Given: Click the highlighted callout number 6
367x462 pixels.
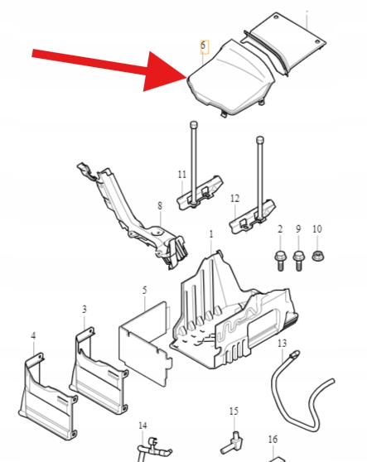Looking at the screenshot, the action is click(203, 46).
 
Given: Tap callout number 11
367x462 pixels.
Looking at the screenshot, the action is click(182, 175).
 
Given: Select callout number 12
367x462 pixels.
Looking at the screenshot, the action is click(235, 199).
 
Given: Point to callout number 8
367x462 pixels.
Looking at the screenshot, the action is click(160, 205).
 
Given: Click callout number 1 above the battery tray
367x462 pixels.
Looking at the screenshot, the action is click(211, 234).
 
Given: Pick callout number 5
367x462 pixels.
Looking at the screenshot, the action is click(144, 291).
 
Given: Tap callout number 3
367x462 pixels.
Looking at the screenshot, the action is click(85, 310).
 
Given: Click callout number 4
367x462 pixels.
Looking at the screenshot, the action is click(33, 335).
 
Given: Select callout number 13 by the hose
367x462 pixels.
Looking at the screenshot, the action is click(282, 343).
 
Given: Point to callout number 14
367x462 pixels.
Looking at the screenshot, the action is click(142, 426).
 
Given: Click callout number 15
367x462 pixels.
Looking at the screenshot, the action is click(234, 411).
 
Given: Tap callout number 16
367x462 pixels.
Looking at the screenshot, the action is click(273, 440).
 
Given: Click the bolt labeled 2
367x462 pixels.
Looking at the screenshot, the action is click(280, 261).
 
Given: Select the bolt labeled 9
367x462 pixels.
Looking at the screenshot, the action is click(298, 261).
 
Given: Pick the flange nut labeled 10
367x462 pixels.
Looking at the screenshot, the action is click(318, 256).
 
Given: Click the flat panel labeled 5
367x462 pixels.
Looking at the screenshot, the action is click(145, 344).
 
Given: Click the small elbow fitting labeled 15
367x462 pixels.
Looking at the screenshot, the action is click(232, 443).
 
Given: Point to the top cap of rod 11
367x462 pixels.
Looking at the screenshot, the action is click(194, 124).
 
